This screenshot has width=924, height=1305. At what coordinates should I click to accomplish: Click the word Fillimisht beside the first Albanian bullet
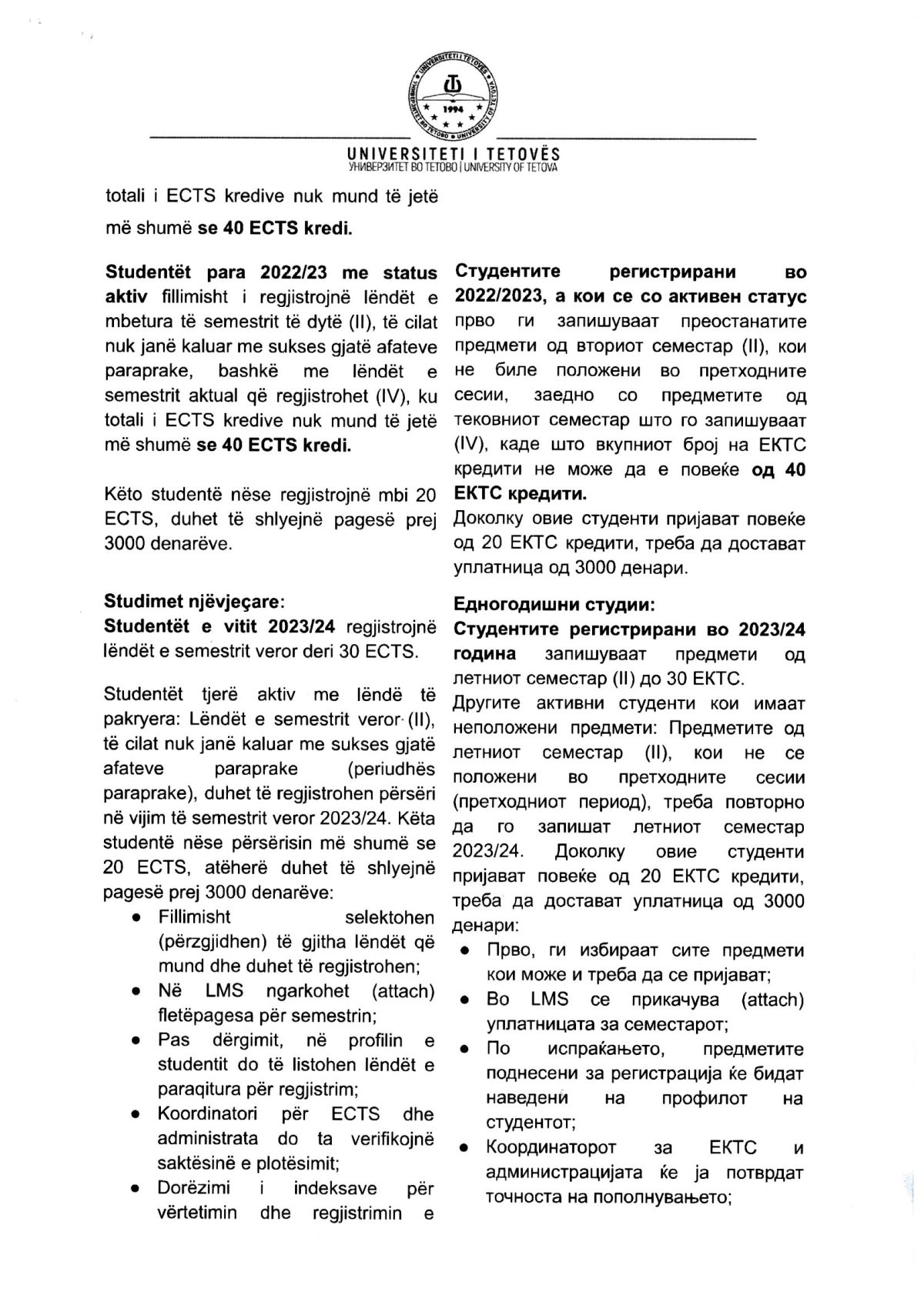pos(194,917)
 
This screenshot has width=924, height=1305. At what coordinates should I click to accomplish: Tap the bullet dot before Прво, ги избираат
pos(466,952)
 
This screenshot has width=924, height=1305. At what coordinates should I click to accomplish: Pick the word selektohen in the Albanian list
pos(390,917)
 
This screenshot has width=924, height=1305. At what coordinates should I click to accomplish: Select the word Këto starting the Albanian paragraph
pos(124,493)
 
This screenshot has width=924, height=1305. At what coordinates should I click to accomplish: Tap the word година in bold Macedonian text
pos(485,654)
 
